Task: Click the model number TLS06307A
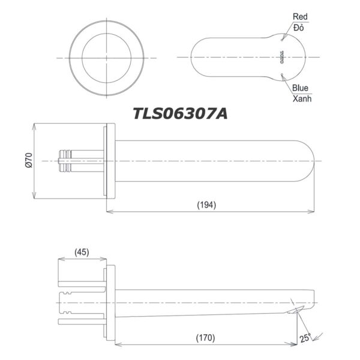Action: (180, 113)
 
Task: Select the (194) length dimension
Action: (206, 205)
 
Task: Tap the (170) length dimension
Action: (207, 337)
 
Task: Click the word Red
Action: (300, 17)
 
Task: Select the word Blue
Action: (301, 88)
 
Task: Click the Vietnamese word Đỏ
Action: (299, 28)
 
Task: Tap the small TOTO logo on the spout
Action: (281, 58)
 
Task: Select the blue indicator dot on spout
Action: (281, 74)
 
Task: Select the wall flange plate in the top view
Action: (110, 161)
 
